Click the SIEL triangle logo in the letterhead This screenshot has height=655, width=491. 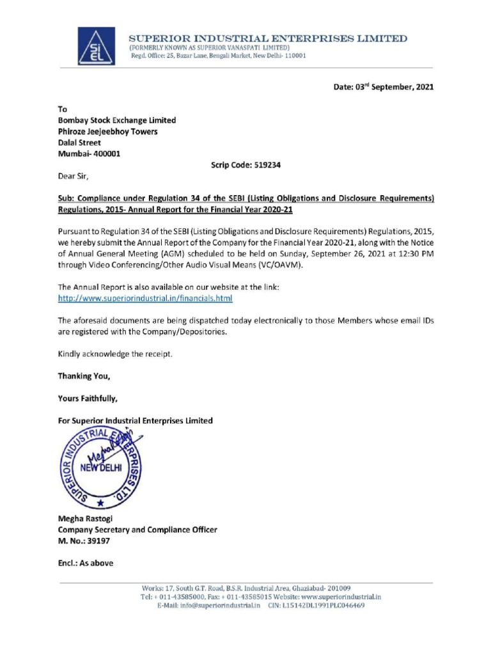tap(97, 47)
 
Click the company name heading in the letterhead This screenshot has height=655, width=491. tap(268, 39)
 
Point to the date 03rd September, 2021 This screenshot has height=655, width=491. tap(384, 87)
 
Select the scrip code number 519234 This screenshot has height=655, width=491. tap(264, 164)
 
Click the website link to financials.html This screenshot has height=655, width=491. tap(145, 298)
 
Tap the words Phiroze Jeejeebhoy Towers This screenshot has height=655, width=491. tap(108, 132)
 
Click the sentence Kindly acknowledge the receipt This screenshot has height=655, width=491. tap(115, 353)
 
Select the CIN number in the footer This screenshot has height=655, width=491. tap(324, 605)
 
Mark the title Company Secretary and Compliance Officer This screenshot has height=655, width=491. tap(137, 530)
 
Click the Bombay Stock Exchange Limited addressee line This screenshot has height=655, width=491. tap(117, 120)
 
